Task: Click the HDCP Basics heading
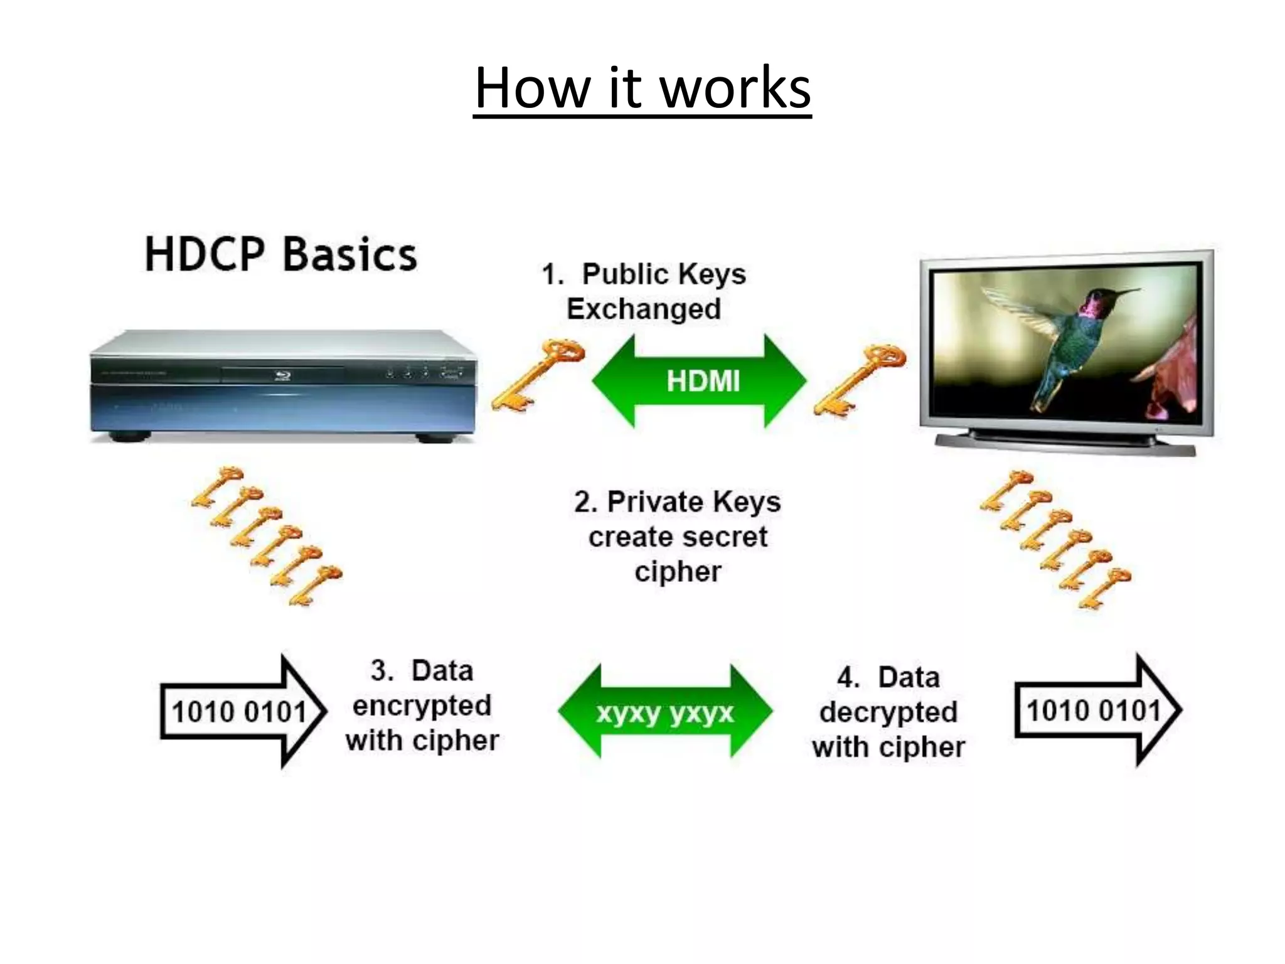[x=280, y=255]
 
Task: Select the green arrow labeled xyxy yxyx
[x=665, y=712]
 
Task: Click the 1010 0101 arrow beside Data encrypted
[x=242, y=712]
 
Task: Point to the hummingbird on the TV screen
[x=1067, y=339]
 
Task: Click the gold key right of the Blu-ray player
[x=538, y=375]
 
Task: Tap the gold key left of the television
[x=860, y=379]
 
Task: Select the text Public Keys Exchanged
[x=644, y=291]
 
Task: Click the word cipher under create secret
[x=678, y=572]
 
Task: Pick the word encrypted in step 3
[x=422, y=705]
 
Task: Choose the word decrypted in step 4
[x=888, y=712]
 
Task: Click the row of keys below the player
[x=267, y=537]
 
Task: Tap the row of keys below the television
[x=1055, y=540]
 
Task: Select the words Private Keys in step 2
[x=694, y=502]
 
